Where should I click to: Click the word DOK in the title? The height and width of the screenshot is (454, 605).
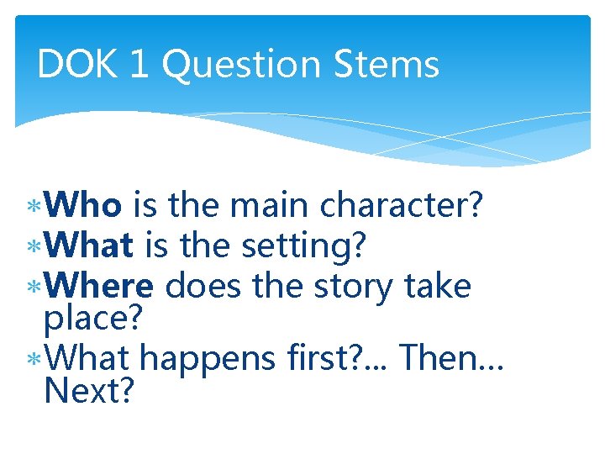[x=77, y=65]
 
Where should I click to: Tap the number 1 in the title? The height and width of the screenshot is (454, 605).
[x=139, y=65]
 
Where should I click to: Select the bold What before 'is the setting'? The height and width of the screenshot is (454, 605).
[x=90, y=246]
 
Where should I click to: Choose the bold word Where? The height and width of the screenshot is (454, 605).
[x=99, y=287]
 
